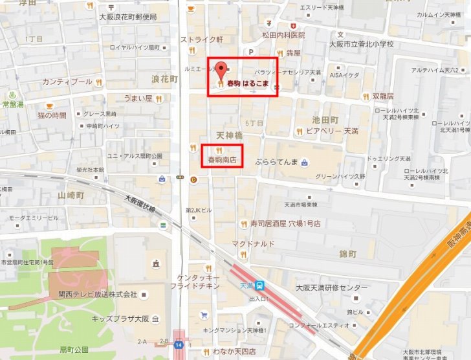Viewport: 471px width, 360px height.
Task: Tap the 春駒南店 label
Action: pos(221,159)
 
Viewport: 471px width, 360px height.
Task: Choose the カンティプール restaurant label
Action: pos(67,82)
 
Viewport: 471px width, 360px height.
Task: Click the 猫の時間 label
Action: pos(52,115)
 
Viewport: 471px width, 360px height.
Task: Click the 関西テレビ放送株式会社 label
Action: pos(98,294)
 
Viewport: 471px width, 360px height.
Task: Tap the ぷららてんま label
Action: pos(276,161)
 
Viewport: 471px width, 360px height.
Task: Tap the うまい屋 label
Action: pos(138,98)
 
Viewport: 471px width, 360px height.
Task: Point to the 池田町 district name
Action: pos(325,120)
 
